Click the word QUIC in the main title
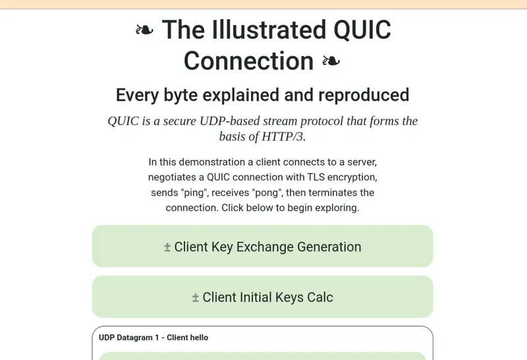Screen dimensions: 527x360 click(x=362, y=30)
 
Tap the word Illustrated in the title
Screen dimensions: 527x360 click(x=269, y=30)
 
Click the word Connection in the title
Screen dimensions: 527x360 click(x=249, y=61)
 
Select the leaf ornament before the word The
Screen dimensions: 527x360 click(x=144, y=30)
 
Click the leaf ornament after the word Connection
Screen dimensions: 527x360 click(x=331, y=61)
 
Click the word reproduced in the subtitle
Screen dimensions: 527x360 click(x=364, y=95)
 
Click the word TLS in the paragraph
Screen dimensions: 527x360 click(x=316, y=177)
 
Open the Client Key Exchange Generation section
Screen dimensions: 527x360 click(x=262, y=247)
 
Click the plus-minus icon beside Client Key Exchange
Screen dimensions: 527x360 click(x=167, y=247)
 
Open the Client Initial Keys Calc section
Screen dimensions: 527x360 click(x=262, y=297)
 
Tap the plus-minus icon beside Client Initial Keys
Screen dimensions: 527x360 click(x=195, y=298)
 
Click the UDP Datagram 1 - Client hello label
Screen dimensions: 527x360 click(x=153, y=338)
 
